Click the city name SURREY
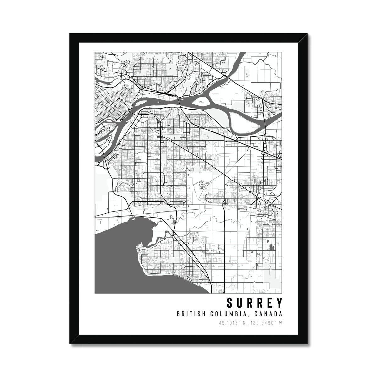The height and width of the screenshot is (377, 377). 254,303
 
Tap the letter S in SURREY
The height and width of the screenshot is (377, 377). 230,303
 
